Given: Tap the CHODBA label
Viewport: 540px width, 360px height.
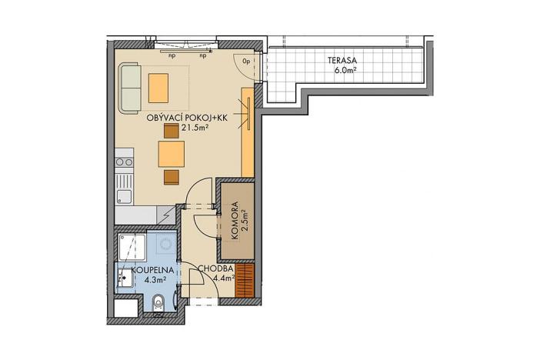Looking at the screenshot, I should pos(210,269).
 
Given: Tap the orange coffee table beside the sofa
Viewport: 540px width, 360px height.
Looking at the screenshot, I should pos(158,87).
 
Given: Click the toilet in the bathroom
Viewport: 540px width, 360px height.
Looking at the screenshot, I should pos(158,302).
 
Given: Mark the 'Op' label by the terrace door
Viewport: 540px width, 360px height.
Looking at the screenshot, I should pos(246,60).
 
